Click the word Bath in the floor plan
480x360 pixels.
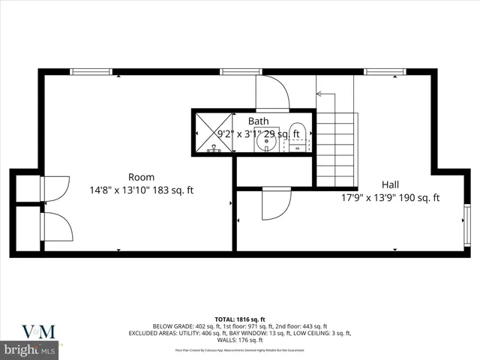(x=259, y=121)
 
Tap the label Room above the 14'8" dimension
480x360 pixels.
(x=141, y=178)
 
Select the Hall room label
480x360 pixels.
(x=390, y=184)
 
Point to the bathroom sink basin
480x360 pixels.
(x=266, y=139)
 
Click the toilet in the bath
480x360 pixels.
(x=298, y=136)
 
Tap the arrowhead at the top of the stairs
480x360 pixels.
(x=319, y=94)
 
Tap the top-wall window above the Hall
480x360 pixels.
(x=379, y=71)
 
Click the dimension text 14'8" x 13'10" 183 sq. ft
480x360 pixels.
(x=141, y=190)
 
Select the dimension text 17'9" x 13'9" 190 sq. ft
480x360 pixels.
(x=390, y=198)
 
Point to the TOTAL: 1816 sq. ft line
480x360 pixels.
(x=241, y=319)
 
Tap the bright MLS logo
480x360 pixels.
(x=30, y=350)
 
